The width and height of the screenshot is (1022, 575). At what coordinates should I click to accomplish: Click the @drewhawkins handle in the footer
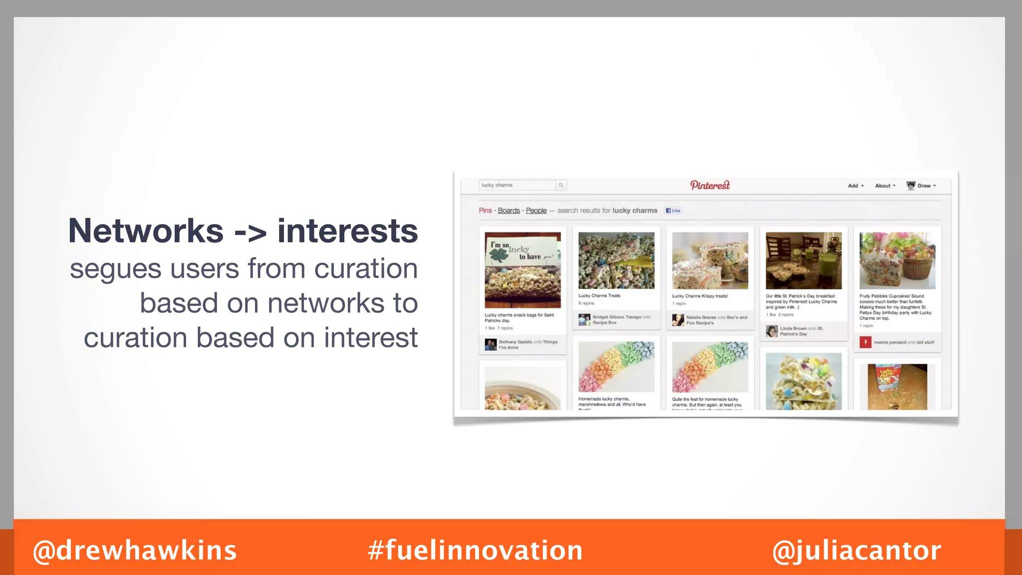pos(135,551)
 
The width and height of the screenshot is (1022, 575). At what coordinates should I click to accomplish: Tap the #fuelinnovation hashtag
pos(475,551)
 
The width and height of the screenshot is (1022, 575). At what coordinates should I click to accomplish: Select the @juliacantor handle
pos(856,551)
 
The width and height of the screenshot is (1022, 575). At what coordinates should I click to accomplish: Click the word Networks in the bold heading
pos(146,231)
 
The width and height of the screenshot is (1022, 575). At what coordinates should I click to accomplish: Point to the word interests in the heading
pos(347,231)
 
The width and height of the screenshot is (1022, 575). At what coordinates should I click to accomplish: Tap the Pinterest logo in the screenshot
pos(710,185)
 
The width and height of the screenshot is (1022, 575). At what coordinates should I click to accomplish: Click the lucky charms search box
pos(517,185)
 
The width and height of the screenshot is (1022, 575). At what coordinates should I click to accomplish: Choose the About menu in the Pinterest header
pos(885,186)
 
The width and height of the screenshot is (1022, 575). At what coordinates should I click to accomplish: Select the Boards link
pos(509,211)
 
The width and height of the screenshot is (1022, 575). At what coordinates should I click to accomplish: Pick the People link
pos(536,211)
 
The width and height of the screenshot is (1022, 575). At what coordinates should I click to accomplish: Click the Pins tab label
pos(485,211)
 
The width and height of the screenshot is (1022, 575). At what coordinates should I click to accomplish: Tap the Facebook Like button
pos(673,211)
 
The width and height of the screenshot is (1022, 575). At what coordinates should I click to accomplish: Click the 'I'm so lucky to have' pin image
pos(522,270)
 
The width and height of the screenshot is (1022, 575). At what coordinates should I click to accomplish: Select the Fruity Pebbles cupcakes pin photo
pos(897,261)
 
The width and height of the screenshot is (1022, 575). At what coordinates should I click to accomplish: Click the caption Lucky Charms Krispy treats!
pos(700,296)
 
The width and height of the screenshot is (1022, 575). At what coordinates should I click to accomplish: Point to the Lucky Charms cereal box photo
pos(897,386)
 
